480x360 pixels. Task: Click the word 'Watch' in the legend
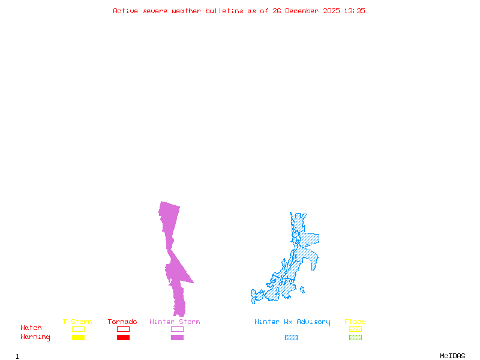(x=31, y=328)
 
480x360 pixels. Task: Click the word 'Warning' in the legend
(x=35, y=337)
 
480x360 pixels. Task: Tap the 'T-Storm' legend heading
(x=77, y=322)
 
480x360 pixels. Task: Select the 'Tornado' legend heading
(x=122, y=322)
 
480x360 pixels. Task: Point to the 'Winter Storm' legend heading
(x=175, y=322)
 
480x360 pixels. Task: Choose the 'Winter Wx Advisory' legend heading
(x=292, y=322)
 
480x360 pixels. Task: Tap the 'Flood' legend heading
(x=355, y=322)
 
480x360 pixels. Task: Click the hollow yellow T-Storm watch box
(x=78, y=329)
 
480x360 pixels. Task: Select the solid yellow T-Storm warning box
(x=78, y=338)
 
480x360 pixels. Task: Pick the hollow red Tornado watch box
(x=123, y=329)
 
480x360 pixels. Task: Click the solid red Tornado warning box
(x=123, y=338)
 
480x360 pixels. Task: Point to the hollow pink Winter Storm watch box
(x=177, y=329)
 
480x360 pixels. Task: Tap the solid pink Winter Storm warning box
(x=177, y=338)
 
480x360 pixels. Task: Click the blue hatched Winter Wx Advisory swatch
(x=291, y=338)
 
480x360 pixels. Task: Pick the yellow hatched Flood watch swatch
(x=355, y=329)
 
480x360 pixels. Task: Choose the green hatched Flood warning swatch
(x=355, y=338)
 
